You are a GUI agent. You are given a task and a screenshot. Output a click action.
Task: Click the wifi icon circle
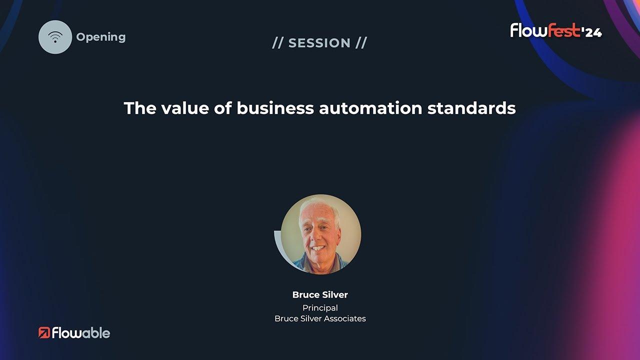pos(55,37)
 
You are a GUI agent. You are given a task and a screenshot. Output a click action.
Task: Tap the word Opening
pos(101,37)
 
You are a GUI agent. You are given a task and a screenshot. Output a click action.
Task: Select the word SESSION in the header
pos(319,43)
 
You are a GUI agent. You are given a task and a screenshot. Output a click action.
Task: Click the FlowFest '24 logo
pos(556,30)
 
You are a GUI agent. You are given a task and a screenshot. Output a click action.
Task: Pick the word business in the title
pos(275,108)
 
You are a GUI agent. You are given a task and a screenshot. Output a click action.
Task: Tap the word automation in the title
pos(370,108)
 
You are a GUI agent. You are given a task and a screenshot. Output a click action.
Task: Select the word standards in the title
pos(471,108)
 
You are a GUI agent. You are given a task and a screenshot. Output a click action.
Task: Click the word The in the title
pos(140,108)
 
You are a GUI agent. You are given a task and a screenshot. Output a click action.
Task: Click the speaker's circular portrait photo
pos(320,234)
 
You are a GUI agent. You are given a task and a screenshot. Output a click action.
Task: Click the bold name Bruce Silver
pos(320,294)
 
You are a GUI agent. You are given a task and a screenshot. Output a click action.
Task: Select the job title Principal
pos(320,308)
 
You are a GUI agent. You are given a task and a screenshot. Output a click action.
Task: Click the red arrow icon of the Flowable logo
pos(44,332)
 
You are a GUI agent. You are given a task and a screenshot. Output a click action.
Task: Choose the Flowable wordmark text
pos(81,333)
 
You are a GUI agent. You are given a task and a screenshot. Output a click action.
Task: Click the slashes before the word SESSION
pos(277,43)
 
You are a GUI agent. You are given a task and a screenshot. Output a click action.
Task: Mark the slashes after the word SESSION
pos(361,43)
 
